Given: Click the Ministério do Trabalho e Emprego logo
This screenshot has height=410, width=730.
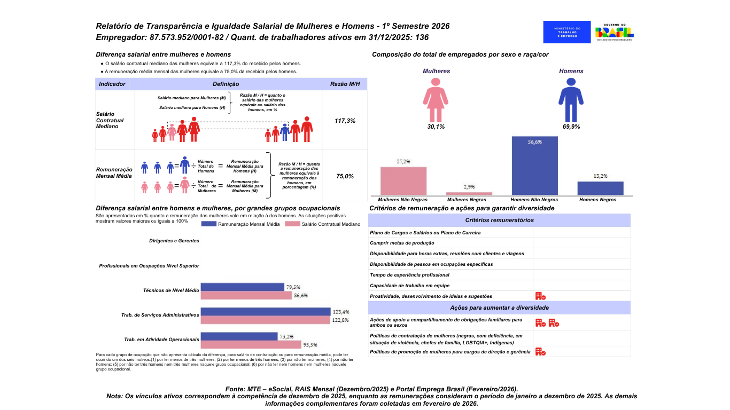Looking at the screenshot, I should (x=567, y=32).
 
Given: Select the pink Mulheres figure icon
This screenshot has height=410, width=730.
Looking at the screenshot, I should (x=436, y=100).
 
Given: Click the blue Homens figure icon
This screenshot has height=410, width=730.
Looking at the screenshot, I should (x=571, y=100).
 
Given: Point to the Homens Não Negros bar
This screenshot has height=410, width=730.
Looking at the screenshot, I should (x=534, y=165).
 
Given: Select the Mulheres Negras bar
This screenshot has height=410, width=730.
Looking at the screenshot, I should (x=469, y=193).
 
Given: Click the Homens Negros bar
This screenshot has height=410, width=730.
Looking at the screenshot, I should (x=600, y=188).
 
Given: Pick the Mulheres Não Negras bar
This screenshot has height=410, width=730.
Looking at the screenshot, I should (x=403, y=181).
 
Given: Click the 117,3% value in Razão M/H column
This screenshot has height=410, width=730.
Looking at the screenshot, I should (x=345, y=121).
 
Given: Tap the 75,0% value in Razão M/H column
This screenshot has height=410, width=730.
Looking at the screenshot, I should (x=345, y=176).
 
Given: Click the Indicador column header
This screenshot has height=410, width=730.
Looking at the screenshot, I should (x=112, y=84).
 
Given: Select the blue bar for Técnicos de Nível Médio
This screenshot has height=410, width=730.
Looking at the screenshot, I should (x=242, y=287).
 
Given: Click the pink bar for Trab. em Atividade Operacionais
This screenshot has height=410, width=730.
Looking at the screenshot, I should (x=251, y=344).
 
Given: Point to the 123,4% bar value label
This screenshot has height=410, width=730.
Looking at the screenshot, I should (x=340, y=311).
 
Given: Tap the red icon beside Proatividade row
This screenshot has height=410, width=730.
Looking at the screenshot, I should (x=540, y=296).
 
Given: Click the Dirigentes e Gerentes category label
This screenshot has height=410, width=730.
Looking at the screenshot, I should (x=174, y=241).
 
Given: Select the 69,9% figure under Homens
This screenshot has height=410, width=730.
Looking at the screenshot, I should (x=571, y=127).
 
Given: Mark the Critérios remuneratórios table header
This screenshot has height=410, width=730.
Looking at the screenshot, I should (x=499, y=220).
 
